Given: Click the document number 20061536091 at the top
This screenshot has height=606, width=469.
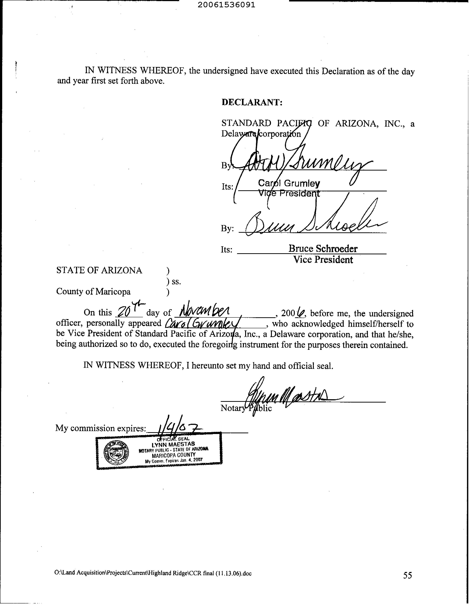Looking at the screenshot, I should point(226,5).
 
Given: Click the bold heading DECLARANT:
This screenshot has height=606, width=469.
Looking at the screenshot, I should point(252,102).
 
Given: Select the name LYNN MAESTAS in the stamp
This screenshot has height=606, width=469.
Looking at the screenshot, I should point(173,444).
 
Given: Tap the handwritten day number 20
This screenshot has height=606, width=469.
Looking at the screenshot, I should point(123,312).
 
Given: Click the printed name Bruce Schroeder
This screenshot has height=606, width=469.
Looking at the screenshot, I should point(323,249).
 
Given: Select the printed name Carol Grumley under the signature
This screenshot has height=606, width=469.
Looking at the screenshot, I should point(289,183).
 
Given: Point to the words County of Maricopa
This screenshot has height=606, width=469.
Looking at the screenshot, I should point(93,292).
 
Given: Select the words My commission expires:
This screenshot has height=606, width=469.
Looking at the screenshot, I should point(101,428).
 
